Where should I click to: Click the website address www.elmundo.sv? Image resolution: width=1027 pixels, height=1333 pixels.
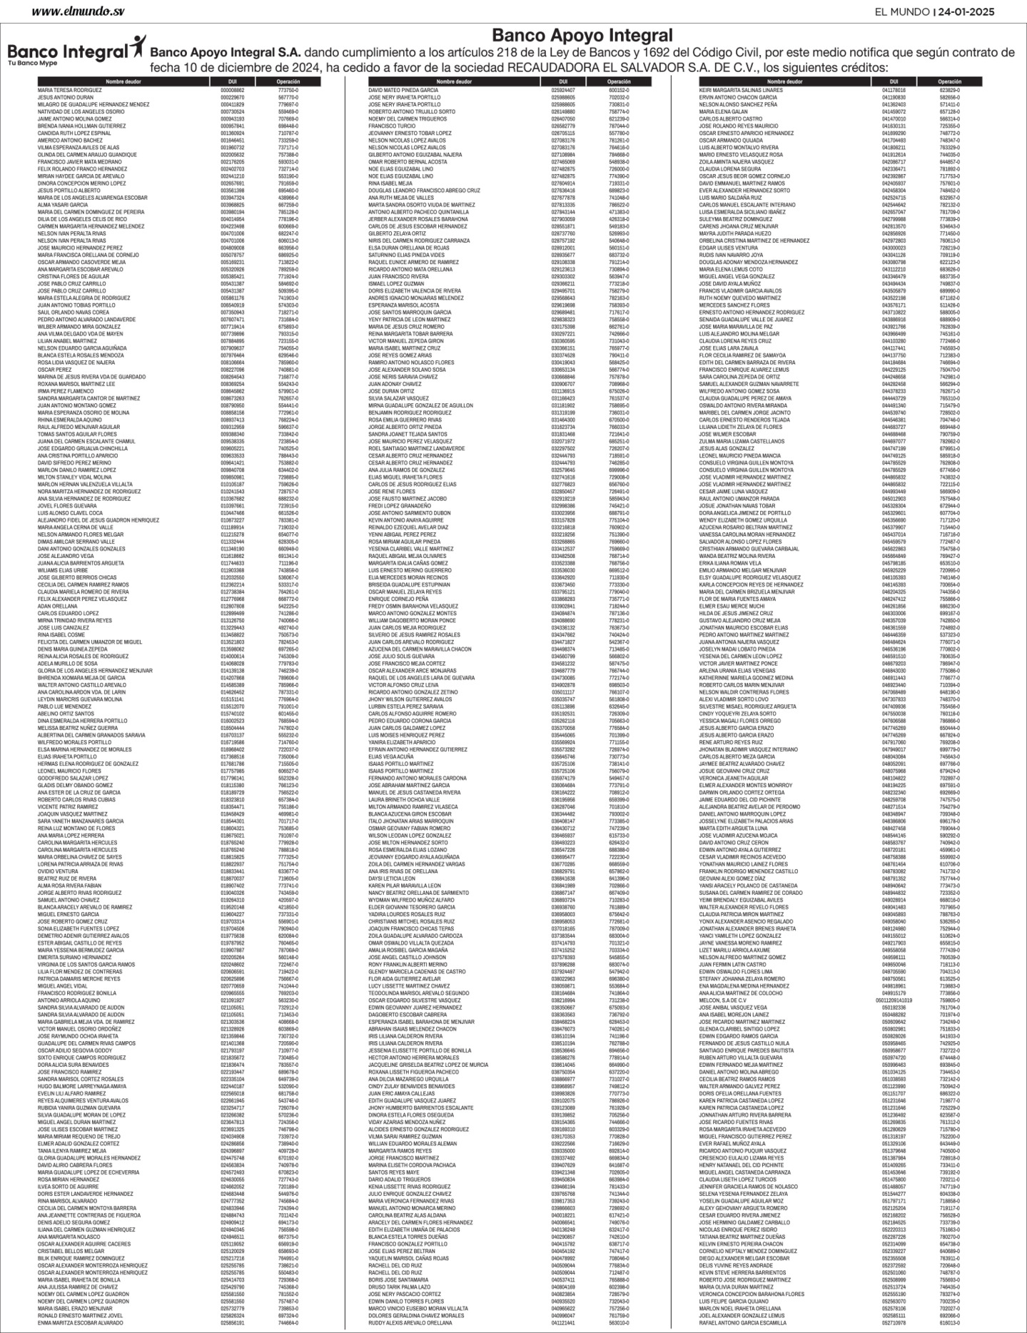(x=79, y=11)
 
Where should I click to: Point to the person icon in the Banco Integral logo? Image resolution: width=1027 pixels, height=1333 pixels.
(x=137, y=48)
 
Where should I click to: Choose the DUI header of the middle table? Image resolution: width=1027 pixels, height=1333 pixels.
(x=562, y=82)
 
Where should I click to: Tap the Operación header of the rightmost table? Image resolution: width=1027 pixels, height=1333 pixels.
(x=949, y=82)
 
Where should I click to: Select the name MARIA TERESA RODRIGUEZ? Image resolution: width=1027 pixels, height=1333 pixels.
(x=69, y=91)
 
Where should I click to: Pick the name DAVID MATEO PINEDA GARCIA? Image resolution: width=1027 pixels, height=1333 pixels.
(x=403, y=91)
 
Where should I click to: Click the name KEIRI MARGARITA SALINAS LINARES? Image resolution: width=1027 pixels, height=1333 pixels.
(x=741, y=91)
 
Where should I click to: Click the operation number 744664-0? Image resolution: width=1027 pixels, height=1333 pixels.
(x=288, y=1322)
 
